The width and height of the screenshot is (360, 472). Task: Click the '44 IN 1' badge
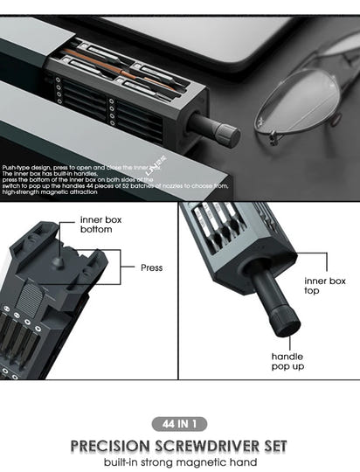pos(179,424)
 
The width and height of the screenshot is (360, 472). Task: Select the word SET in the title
pos(272,446)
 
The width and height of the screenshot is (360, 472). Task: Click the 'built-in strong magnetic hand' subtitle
pos(179,462)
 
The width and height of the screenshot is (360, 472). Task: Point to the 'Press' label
pos(151,267)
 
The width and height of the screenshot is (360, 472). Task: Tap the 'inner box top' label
pos(325,285)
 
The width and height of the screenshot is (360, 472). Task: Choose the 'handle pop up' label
pos(287,363)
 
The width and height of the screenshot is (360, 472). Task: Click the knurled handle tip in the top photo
pos(226,134)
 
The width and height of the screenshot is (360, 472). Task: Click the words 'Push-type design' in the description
pos(26,167)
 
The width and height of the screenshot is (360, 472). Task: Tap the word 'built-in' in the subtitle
pos(125,462)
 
